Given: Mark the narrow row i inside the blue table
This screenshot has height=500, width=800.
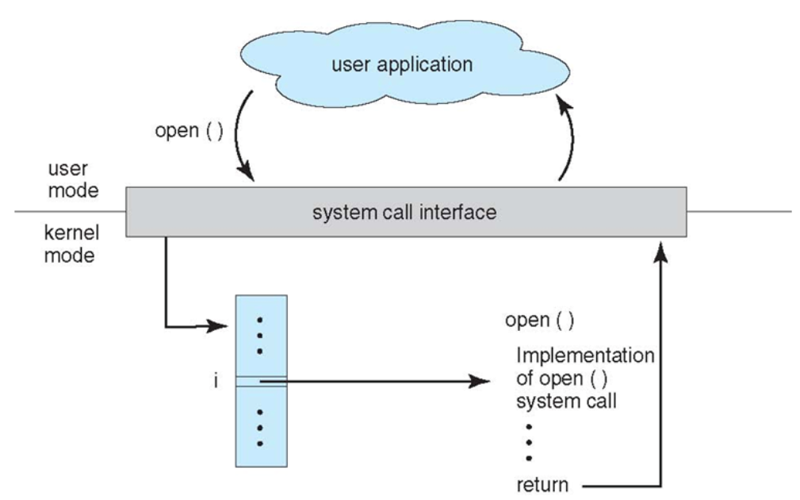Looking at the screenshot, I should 262,382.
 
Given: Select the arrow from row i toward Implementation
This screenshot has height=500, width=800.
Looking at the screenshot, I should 381,382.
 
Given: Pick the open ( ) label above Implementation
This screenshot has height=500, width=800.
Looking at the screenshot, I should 539,321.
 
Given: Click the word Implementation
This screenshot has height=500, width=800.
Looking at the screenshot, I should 585,355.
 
